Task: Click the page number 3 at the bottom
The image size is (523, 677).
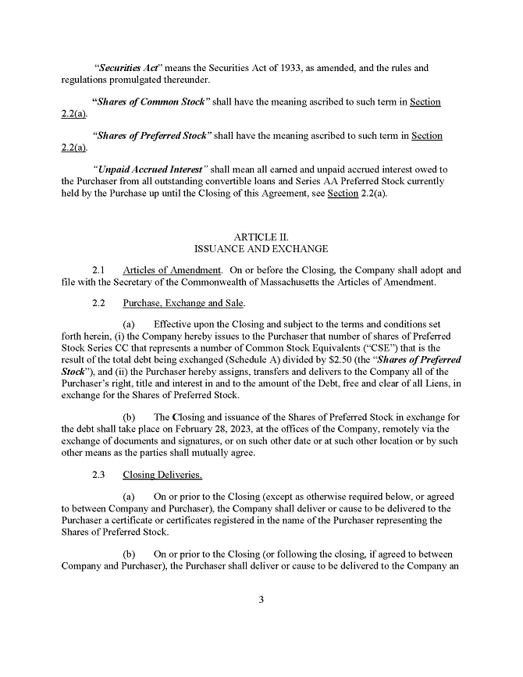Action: tap(261, 600)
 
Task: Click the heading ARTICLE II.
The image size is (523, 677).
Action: tap(261, 236)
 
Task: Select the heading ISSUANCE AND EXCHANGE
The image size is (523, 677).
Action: tap(261, 248)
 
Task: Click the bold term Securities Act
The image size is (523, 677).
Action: tap(126, 68)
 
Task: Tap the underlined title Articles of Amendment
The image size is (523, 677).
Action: tap(172, 269)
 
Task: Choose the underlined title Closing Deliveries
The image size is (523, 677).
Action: tap(162, 474)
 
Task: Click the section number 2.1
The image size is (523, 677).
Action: tap(98, 269)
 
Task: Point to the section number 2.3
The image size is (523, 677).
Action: tap(98, 474)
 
